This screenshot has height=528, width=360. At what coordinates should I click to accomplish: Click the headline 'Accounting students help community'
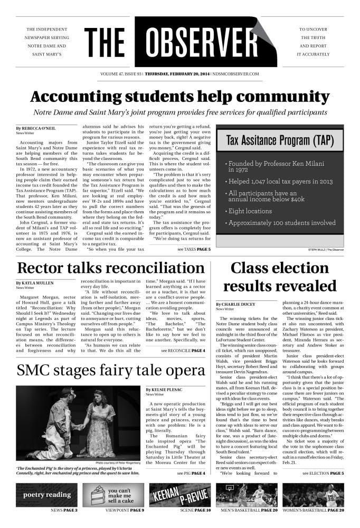[x=179, y=97]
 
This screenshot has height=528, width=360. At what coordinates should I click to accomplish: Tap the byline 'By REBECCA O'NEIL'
[x=35, y=128]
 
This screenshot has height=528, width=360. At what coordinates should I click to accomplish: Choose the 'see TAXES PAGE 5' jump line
[x=194, y=249]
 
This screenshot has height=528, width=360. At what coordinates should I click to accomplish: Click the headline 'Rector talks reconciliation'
[x=110, y=268]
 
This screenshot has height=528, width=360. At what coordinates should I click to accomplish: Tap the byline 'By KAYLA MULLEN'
[x=34, y=283]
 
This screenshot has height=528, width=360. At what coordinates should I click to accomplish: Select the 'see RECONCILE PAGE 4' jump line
[x=183, y=350]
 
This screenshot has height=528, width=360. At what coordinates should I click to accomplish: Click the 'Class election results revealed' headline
[x=279, y=277]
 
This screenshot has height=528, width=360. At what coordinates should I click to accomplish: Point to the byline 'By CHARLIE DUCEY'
[x=236, y=304]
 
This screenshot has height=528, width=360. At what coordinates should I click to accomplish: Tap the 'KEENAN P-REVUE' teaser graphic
[x=179, y=495]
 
